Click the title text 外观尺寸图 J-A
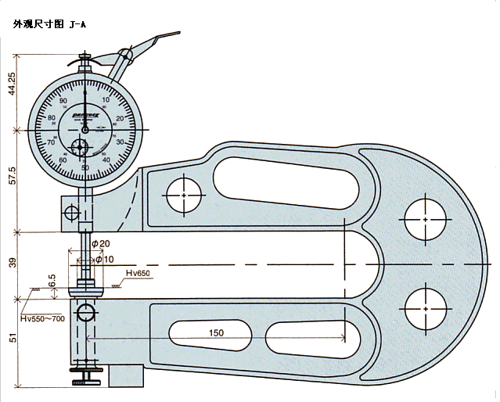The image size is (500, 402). pyautogui.click(x=49, y=24)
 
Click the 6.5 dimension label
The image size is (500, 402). pyautogui.click(x=52, y=281)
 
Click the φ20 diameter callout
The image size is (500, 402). pyautogui.click(x=99, y=245)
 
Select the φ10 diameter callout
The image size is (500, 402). pyautogui.click(x=103, y=258)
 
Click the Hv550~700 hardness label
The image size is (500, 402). pyautogui.click(x=43, y=319)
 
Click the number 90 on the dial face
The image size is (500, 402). pyautogui.click(x=63, y=102)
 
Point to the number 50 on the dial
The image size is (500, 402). pyautogui.click(x=85, y=167)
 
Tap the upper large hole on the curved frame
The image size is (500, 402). pyautogui.click(x=425, y=220)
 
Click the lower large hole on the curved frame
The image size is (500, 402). pyautogui.click(x=425, y=308)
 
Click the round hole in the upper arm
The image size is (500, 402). pyautogui.click(x=184, y=193)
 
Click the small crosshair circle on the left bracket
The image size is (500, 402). pyautogui.click(x=72, y=212)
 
